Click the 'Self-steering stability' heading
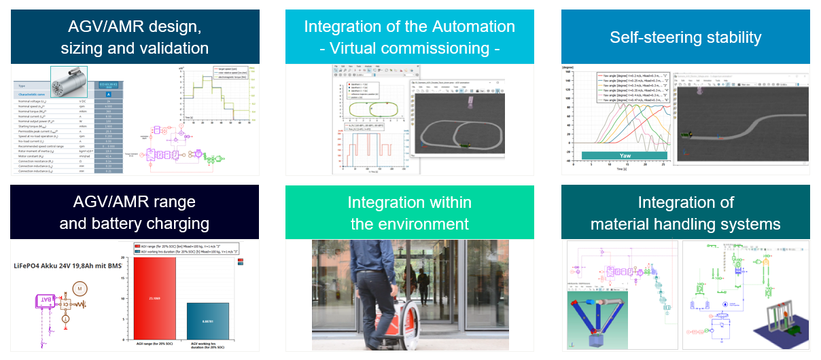click(x=685, y=37)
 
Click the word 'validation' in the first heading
click(x=173, y=48)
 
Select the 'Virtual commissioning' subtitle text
click(x=409, y=48)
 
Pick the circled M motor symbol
click(x=79, y=288)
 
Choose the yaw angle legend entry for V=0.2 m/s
click(x=630, y=75)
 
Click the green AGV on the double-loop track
click(x=466, y=144)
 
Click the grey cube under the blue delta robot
click(x=597, y=340)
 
